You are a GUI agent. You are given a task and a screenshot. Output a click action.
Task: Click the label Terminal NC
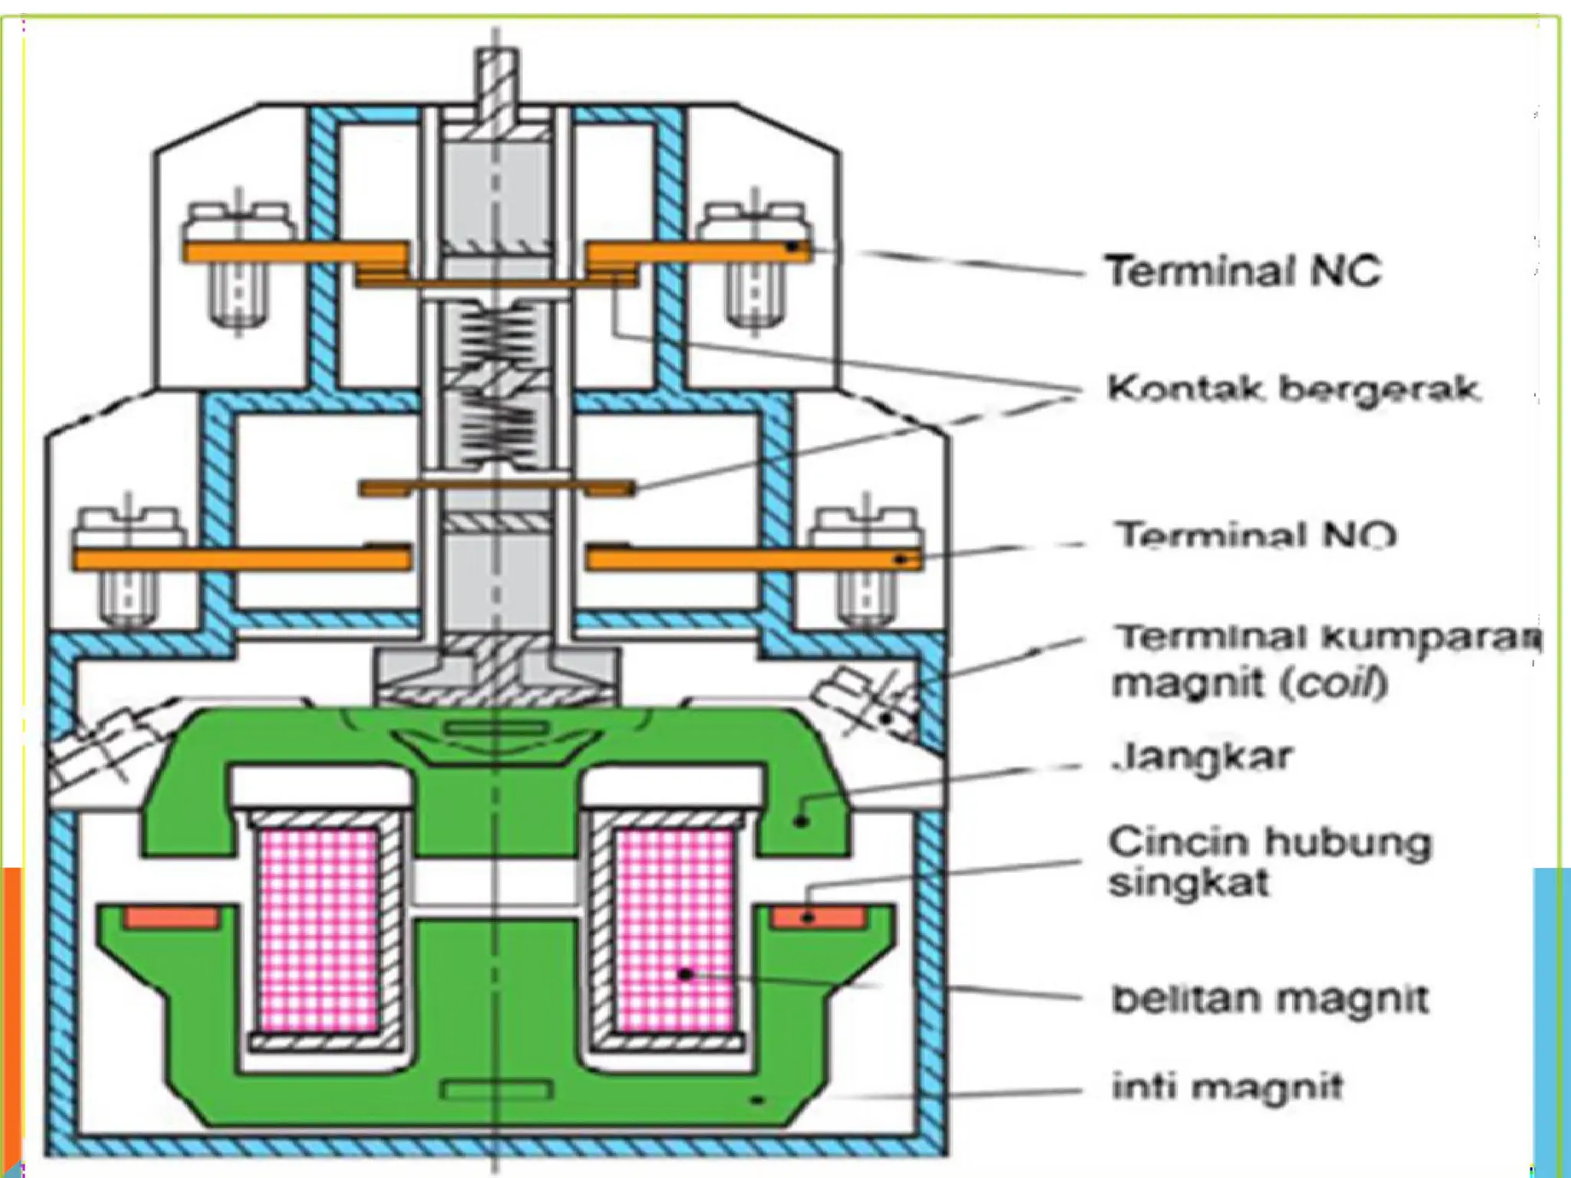pos(1243,271)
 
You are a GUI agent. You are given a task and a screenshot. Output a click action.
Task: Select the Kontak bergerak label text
pos(1293,390)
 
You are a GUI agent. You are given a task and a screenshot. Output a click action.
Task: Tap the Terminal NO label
pos(1256,535)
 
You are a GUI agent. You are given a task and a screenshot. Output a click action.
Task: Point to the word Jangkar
pos(1203,757)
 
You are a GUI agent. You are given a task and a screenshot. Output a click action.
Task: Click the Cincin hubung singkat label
pos(1270,862)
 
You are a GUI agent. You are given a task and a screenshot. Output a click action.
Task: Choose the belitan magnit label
pos(1270,999)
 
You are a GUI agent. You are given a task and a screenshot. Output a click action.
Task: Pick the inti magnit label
pos(1228,1087)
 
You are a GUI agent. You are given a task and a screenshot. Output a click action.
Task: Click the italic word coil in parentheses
pos(1339,683)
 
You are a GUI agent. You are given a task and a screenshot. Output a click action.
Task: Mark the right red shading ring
pos(819,917)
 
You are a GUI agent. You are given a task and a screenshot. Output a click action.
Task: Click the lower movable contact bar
pos(497,488)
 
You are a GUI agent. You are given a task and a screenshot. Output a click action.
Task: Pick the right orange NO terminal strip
pos(752,560)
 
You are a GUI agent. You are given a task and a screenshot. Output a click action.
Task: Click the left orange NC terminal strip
pos(295,252)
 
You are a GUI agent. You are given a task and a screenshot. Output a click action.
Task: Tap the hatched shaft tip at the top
pos(496,84)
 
